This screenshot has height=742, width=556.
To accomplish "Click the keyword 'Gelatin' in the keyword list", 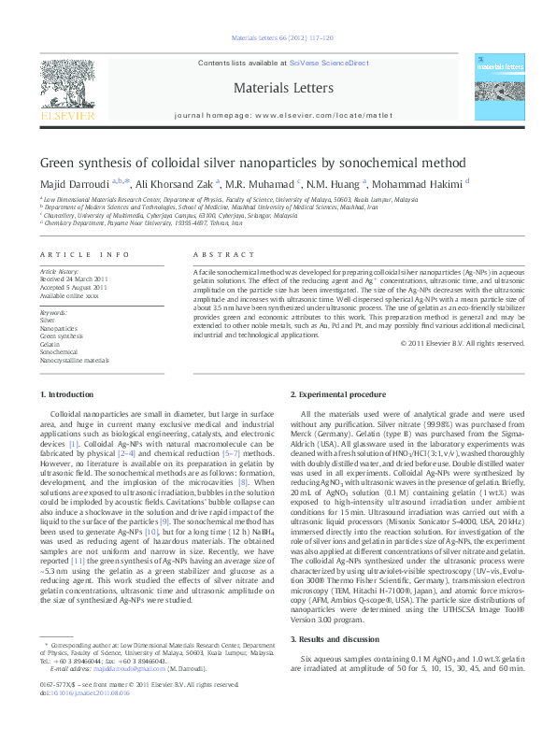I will tap(50, 344).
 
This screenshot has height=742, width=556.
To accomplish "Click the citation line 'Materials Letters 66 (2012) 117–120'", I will tap(278, 38).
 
